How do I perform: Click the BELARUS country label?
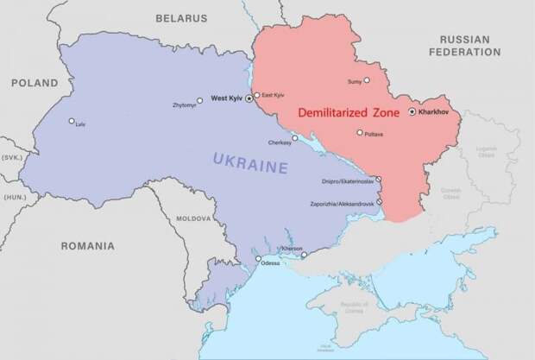[181, 17]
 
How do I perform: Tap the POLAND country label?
[35, 84]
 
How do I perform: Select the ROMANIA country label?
[87, 246]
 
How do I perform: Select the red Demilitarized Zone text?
[349, 113]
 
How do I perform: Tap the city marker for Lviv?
[72, 121]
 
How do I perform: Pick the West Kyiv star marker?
[249, 99]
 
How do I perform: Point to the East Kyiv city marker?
[257, 95]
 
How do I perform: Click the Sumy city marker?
[366, 80]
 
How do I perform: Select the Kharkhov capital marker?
[412, 111]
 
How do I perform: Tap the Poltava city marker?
[360, 132]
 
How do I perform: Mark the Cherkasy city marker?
[295, 137]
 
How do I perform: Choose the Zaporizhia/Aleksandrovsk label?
[343, 203]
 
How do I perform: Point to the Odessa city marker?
[257, 257]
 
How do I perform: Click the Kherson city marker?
[304, 255]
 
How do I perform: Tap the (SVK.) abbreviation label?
[10, 158]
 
